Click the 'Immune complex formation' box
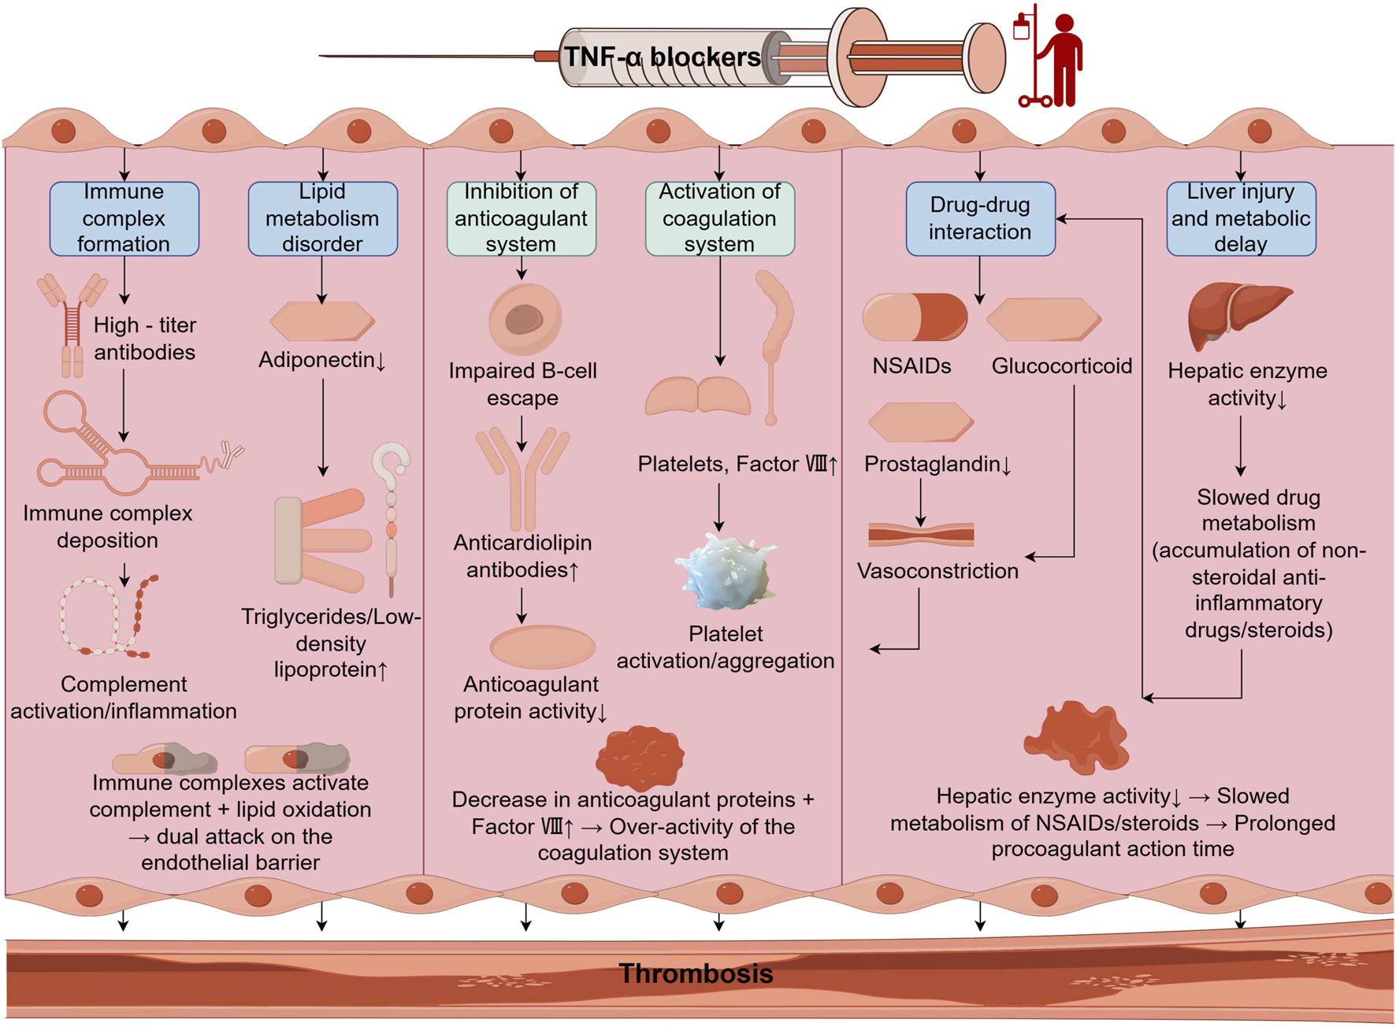pyautogui.click(x=124, y=219)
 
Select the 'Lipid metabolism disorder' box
pyautogui.click(x=323, y=219)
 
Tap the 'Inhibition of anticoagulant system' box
pyautogui.click(x=522, y=219)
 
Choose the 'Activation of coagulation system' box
pyautogui.click(x=720, y=219)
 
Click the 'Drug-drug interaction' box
pyautogui.click(x=981, y=219)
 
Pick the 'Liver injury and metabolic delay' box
pyautogui.click(x=1242, y=219)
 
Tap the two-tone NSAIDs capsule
pyautogui.click(x=915, y=317)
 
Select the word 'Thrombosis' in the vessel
pyautogui.click(x=696, y=973)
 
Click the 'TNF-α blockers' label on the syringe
pyautogui.click(x=663, y=57)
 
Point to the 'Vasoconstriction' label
pyautogui.click(x=937, y=571)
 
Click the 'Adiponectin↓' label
pyautogui.click(x=323, y=360)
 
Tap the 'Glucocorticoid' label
pyautogui.click(x=1062, y=366)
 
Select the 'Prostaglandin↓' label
pyautogui.click(x=937, y=464)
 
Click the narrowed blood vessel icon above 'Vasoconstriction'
pyautogui.click(x=921, y=535)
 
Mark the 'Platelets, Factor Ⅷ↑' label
pyautogui.click(x=737, y=464)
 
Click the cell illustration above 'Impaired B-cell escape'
pyautogui.click(x=525, y=319)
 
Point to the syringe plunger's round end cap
pyautogui.click(x=986, y=57)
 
